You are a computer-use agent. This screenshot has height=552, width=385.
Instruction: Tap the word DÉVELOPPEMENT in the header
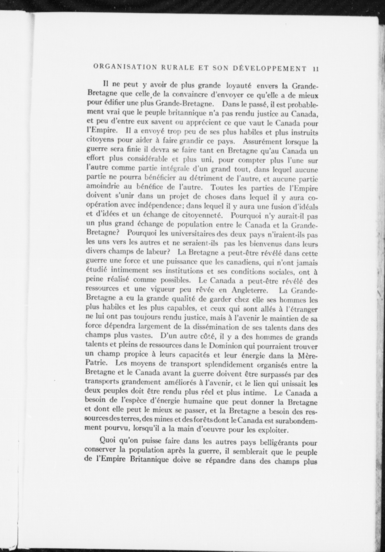tap(270, 68)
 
